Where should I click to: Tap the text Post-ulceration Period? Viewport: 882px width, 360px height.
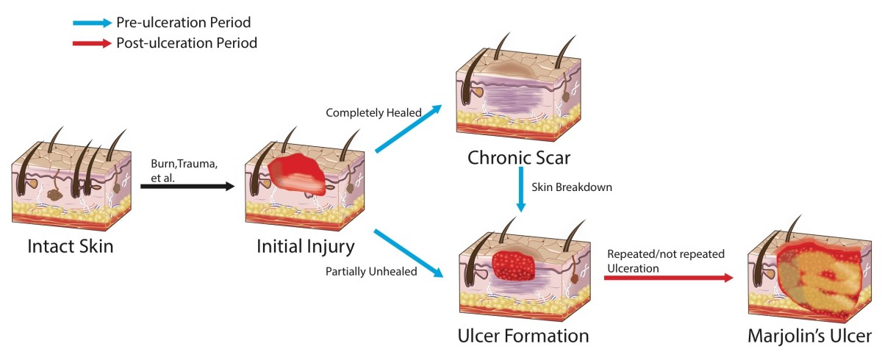(x=187, y=43)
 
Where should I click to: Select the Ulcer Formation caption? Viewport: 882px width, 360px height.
(x=523, y=336)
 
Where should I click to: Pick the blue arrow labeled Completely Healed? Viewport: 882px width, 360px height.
(x=408, y=129)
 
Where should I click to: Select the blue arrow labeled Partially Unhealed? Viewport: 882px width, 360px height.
(x=408, y=254)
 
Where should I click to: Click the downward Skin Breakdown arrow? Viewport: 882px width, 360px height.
(x=521, y=190)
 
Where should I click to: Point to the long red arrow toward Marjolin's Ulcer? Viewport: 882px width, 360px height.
(x=669, y=278)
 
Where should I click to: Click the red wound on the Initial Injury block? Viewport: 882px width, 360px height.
(x=297, y=173)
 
